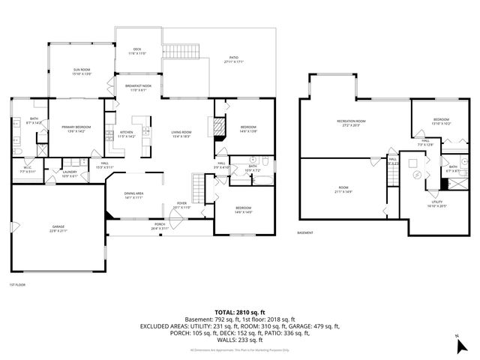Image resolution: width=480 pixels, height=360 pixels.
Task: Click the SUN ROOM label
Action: (81, 72)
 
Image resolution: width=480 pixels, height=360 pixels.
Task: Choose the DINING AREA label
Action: (135, 196)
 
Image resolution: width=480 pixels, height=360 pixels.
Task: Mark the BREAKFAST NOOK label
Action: (136, 88)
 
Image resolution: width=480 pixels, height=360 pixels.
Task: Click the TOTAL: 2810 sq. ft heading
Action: (240, 312)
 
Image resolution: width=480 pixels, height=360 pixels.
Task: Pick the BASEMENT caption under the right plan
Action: (305, 233)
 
